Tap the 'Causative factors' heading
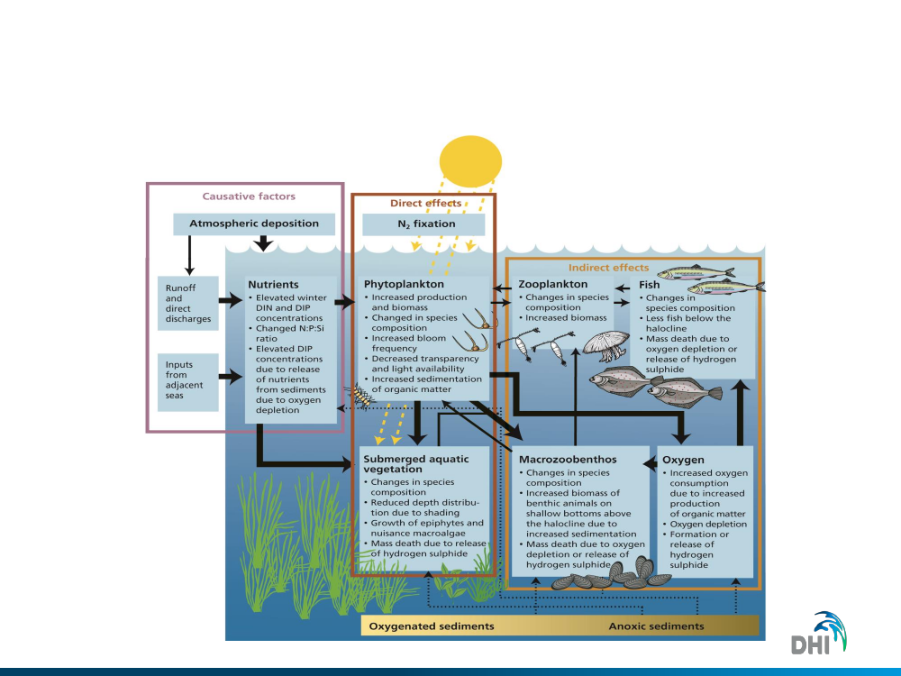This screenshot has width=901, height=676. [249, 196]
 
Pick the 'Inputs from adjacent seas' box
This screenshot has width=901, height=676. [187, 382]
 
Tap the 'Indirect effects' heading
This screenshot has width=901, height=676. [608, 268]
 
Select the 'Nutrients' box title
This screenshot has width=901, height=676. [273, 285]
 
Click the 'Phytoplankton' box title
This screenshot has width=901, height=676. [404, 285]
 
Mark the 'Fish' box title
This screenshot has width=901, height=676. [649, 285]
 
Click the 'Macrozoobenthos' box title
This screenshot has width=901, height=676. [568, 460]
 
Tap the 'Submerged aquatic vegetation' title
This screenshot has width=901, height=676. [415, 464]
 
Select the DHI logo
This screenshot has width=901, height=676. [821, 635]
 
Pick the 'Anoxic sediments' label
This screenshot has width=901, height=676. [656, 626]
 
